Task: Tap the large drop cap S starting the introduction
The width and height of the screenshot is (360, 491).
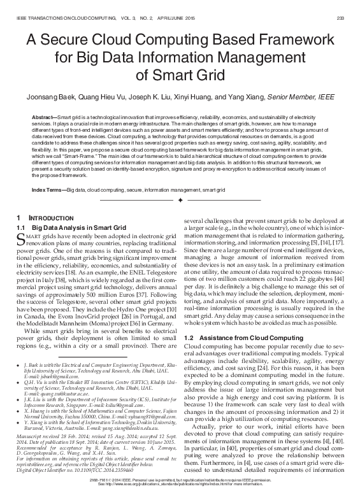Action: tap(20, 240)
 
